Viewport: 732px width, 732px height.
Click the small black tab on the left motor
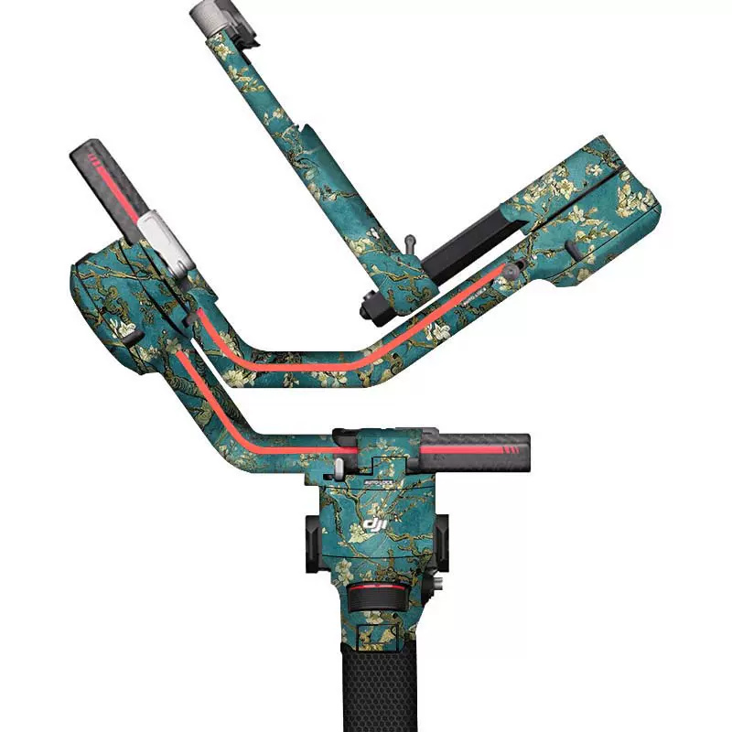(x=131, y=339)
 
